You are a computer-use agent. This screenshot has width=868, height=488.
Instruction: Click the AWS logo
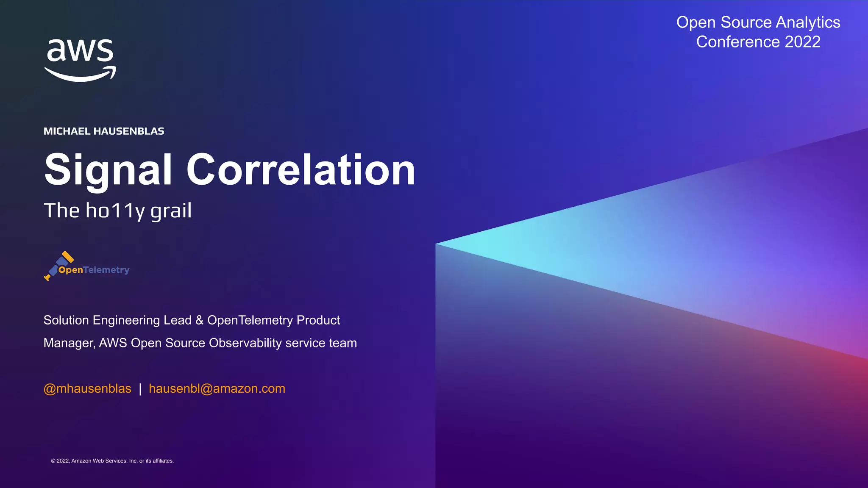click(x=80, y=59)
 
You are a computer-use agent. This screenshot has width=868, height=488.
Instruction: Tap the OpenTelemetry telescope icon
click(x=58, y=265)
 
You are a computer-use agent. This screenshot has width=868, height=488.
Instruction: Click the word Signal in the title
click(x=108, y=170)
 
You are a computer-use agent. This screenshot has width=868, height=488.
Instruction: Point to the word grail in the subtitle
click(x=171, y=211)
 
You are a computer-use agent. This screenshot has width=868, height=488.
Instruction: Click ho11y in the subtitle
click(x=115, y=211)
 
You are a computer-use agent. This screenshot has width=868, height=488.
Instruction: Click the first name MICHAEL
click(x=67, y=131)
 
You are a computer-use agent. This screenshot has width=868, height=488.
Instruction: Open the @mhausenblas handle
click(x=87, y=388)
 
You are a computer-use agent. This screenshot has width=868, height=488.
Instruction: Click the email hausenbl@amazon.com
click(x=217, y=388)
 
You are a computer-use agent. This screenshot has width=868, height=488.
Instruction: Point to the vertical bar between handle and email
click(x=140, y=388)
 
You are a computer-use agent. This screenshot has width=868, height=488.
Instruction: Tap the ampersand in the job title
click(x=199, y=320)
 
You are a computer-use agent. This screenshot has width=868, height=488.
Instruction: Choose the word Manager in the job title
click(x=69, y=343)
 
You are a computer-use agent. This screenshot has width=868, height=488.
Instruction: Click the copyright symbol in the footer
click(x=53, y=461)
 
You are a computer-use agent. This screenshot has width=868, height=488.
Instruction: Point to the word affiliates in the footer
click(x=162, y=461)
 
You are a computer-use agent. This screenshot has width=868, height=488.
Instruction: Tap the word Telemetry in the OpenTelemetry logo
click(x=106, y=270)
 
